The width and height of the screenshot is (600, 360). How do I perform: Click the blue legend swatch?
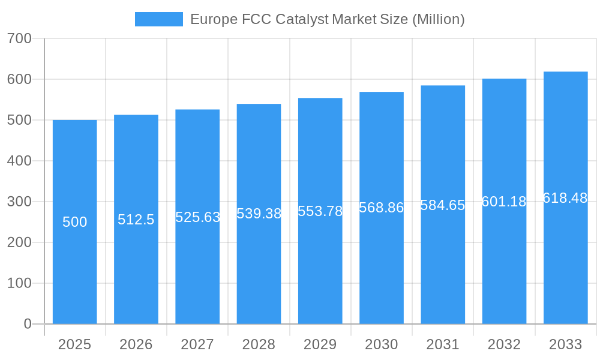point(158,19)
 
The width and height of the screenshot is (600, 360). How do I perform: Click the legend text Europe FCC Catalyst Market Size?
point(327,19)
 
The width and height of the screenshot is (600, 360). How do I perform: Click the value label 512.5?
point(136,220)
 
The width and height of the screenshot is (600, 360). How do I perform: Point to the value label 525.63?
point(197,217)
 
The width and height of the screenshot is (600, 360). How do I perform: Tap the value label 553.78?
point(320,211)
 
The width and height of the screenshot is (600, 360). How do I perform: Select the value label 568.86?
point(381,208)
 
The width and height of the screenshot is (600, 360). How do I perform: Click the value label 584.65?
point(443,205)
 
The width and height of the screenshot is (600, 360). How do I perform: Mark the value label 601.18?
point(504,202)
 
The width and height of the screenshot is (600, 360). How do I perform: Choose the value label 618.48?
point(565,198)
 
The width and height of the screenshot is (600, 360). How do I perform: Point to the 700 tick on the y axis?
point(19,38)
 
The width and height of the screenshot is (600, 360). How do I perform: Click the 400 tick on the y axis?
point(19,161)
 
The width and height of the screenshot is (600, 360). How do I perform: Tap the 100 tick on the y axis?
point(19,283)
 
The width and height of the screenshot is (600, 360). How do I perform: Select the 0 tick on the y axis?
point(27,324)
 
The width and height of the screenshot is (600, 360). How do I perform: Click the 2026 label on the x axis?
point(136,344)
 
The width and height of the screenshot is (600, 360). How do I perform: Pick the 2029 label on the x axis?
point(320,344)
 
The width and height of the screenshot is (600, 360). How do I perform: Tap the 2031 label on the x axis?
point(443,344)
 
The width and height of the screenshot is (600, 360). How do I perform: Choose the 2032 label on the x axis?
point(504,344)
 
